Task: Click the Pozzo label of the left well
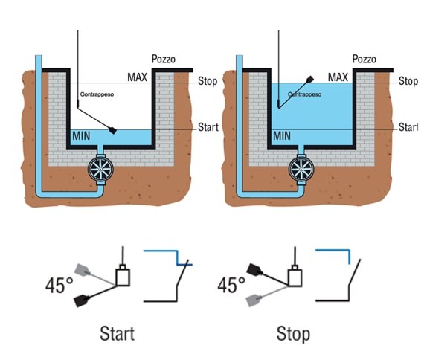pos(164,59)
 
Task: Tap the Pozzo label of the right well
pos(364,59)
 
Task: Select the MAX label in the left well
pos(138,77)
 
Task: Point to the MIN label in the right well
pos(282,136)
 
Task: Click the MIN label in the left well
pos(81,136)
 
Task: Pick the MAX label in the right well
pos(338,77)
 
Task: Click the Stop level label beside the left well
pos(208,81)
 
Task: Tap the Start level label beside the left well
pos(208,127)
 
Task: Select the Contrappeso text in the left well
pos(97,94)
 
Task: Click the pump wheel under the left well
pos(100,169)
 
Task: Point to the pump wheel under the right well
pos(301,169)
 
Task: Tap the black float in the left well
pos(113,130)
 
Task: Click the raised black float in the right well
pos(310,80)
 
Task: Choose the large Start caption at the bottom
pos(118,334)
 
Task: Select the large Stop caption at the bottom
pos(293,334)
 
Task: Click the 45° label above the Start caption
pos(60,286)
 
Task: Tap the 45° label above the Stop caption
pos(231,285)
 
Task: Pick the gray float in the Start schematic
pos(83,269)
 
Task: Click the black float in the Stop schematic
pos(254,269)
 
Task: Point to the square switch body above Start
pos(123,277)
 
